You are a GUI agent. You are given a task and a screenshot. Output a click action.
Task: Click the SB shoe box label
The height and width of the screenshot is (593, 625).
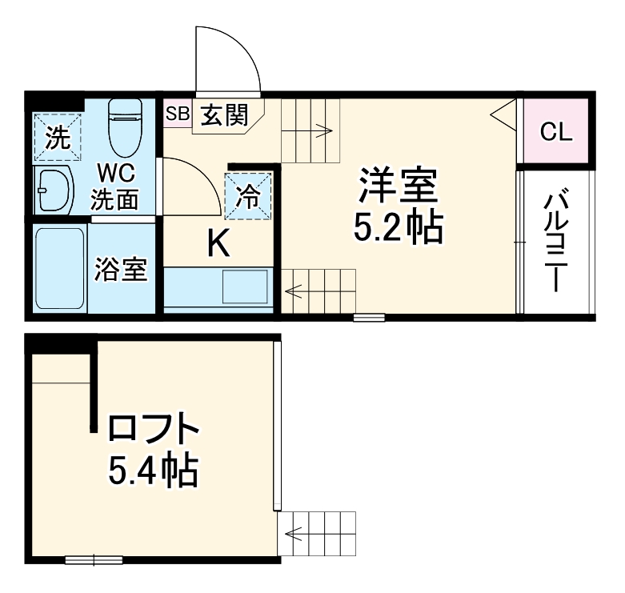[x=177, y=114]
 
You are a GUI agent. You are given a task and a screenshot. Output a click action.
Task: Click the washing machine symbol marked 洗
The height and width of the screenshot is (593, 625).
[x=58, y=137]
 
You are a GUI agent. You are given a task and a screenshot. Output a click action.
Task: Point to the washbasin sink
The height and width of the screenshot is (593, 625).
[x=54, y=190]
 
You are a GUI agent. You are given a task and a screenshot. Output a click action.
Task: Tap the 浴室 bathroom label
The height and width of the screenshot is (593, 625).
[x=121, y=269]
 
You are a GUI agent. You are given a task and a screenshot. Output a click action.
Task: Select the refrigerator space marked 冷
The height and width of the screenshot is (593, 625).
[x=249, y=195]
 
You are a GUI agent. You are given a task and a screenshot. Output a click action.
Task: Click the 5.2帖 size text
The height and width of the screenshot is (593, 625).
[x=399, y=229]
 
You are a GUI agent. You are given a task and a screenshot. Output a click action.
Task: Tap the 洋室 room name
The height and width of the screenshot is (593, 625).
[x=398, y=187]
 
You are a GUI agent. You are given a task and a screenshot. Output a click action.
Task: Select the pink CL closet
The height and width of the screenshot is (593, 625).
[x=555, y=132]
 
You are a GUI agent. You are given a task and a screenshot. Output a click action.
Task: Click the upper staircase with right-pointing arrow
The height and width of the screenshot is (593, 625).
[x=310, y=130]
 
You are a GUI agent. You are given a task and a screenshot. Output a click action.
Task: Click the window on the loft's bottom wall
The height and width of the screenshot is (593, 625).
[x=93, y=559]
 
